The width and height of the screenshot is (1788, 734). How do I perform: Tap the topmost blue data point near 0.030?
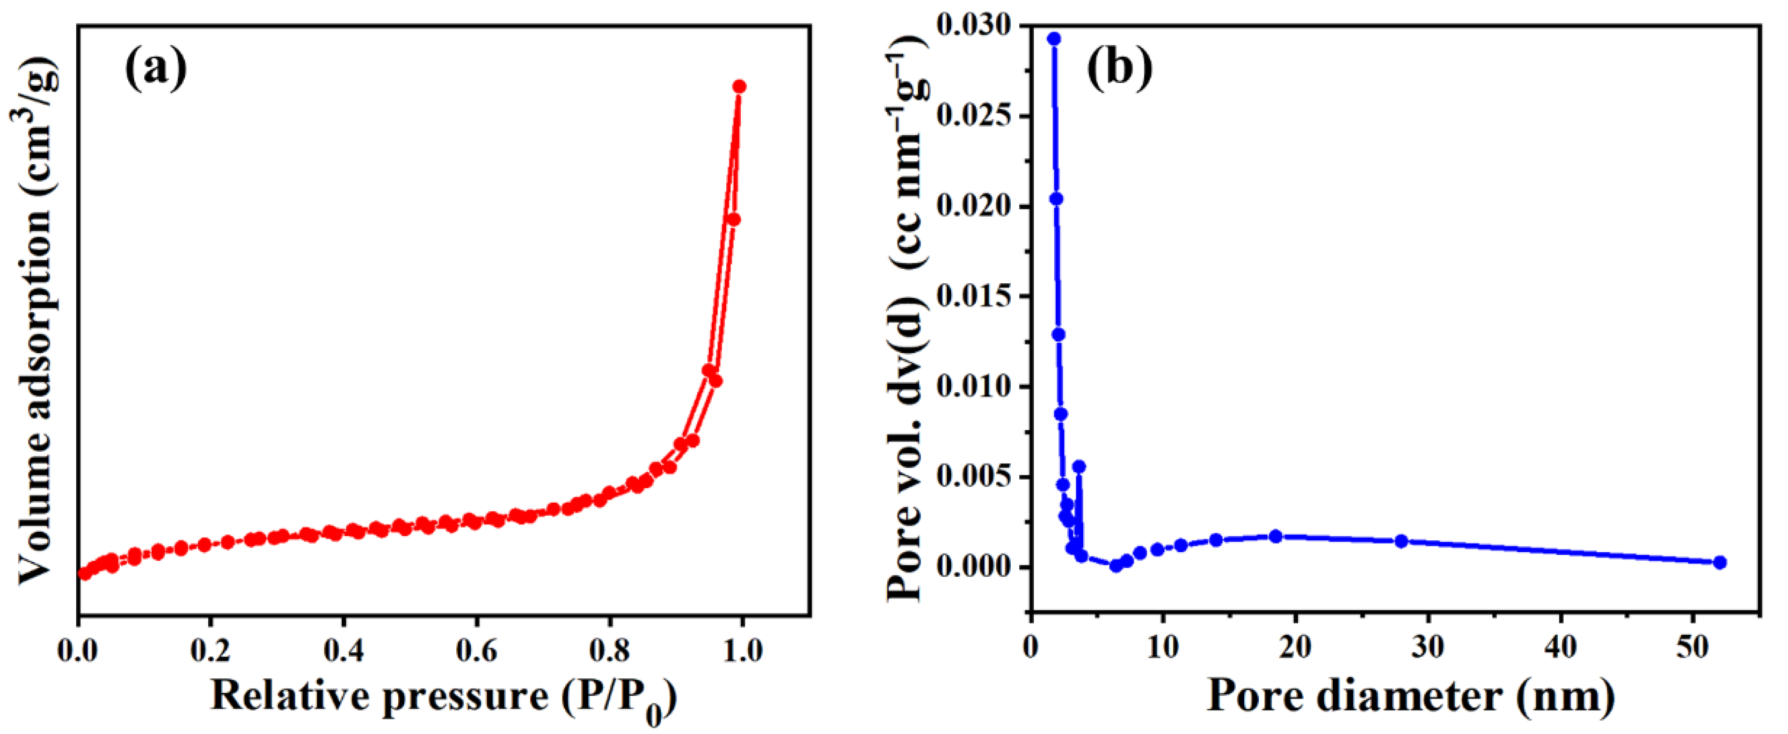(x=1054, y=39)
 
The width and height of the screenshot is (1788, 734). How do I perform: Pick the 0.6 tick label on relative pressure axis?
(x=477, y=651)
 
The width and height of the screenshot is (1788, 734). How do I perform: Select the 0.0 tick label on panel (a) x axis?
(x=78, y=651)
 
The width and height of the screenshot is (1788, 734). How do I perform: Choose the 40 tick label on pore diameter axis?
(x=1561, y=647)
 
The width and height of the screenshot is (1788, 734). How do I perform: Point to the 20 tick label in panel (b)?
(x=1295, y=647)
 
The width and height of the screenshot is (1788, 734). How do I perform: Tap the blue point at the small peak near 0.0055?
(x=1078, y=467)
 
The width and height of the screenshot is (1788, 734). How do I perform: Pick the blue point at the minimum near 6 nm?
(x=1116, y=566)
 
